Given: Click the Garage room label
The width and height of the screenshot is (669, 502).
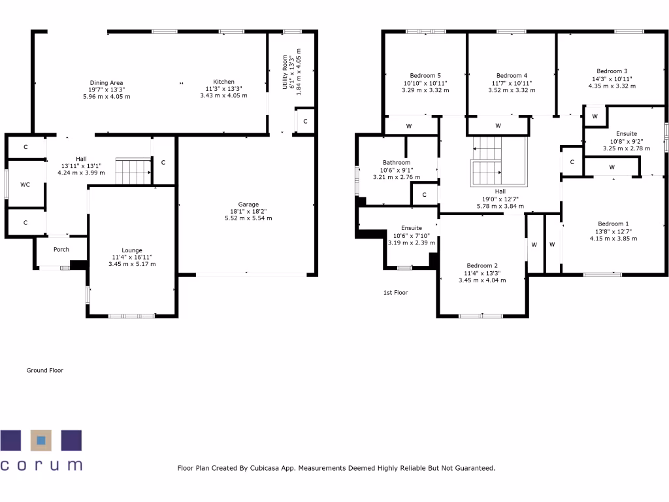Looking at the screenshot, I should [248, 204].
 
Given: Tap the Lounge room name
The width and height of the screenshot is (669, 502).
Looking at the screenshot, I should [131, 250].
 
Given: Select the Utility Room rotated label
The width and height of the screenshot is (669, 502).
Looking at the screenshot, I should [285, 73].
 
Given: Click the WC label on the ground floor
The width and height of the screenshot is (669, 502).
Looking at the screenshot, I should [25, 185].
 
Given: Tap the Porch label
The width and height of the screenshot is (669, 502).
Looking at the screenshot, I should [61, 249].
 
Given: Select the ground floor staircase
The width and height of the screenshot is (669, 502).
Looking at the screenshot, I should [133, 171].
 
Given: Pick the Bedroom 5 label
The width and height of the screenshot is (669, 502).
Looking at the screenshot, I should [425, 75].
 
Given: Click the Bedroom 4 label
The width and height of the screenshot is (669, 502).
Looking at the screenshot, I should [512, 75].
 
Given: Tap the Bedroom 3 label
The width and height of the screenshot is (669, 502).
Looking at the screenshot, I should [612, 71].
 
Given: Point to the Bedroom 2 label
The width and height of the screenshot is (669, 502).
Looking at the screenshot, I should [481, 265].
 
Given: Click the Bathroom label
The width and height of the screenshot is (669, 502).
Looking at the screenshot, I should [397, 163].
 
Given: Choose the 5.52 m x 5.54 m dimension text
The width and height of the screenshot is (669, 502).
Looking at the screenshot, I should [248, 218].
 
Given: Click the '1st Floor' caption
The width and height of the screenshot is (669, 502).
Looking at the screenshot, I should [395, 293].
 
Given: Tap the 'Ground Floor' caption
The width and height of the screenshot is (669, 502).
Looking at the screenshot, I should [44, 371].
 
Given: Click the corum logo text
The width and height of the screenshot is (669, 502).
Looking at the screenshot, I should [41, 465].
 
